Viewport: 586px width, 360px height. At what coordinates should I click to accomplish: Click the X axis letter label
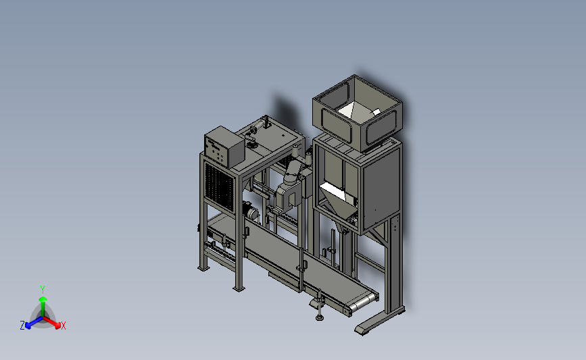pos(63,326)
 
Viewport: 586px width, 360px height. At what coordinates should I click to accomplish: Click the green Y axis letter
pos(43,290)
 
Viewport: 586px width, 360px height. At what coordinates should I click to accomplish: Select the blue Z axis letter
pos(22,326)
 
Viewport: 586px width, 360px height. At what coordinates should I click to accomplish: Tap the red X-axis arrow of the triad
pos(51,322)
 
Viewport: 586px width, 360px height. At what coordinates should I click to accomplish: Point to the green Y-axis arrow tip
pos(43,299)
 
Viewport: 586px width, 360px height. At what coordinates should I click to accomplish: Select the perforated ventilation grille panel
pos(220,186)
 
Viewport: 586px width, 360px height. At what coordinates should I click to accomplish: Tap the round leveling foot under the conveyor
pos(319,317)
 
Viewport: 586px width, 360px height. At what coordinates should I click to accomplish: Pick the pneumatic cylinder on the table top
pos(259,124)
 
